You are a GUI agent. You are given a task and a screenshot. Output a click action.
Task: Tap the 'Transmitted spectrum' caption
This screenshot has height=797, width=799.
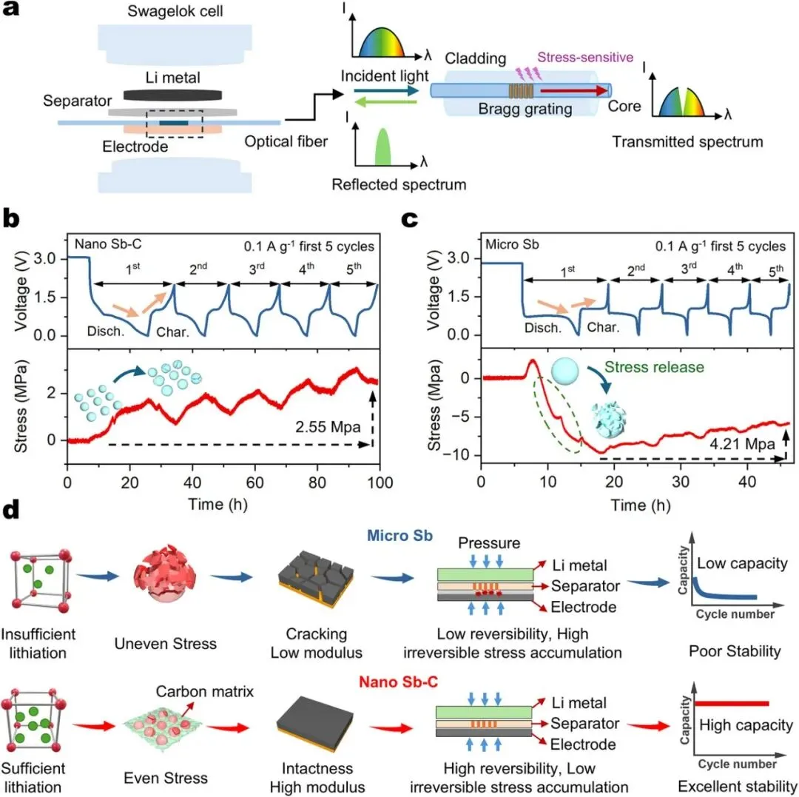(687, 141)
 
